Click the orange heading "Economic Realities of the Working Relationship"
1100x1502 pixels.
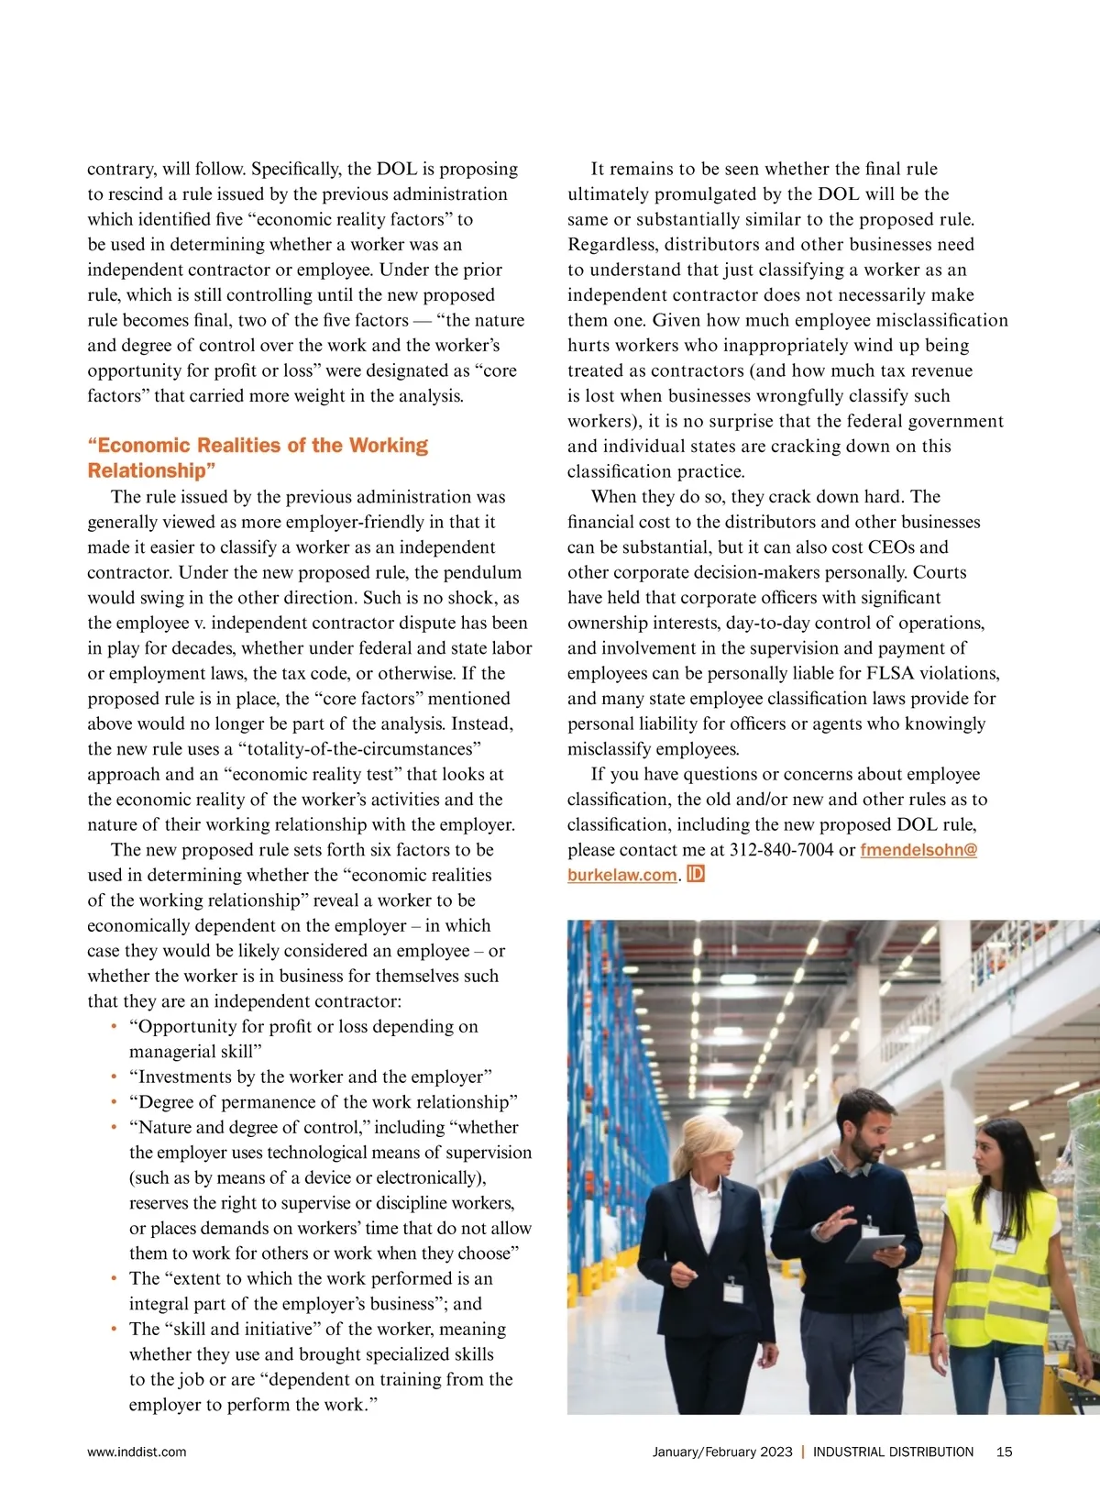point(258,458)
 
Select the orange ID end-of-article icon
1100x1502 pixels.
point(696,874)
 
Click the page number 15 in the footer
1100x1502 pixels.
point(1004,1452)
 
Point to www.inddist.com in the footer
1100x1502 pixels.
point(137,1452)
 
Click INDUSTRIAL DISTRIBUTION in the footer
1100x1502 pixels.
point(893,1452)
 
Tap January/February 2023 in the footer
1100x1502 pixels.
point(722,1452)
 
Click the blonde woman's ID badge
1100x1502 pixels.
point(732,1290)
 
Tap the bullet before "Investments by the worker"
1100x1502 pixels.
point(114,1077)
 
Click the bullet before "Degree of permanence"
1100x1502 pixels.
point(114,1102)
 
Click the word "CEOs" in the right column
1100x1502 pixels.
point(920,547)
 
